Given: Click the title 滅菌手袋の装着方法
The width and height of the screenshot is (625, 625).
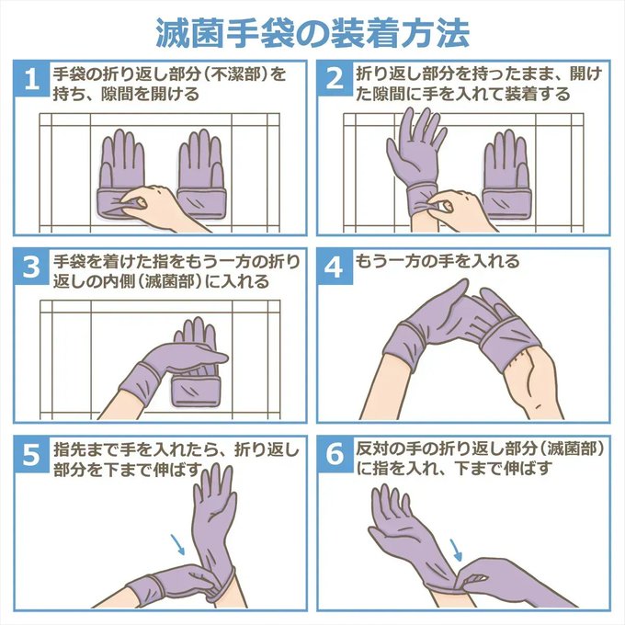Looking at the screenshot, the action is tap(312, 33).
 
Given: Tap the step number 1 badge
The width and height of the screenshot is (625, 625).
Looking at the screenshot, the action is tap(32, 78).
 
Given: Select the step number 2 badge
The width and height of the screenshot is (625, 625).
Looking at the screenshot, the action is tap(335, 78).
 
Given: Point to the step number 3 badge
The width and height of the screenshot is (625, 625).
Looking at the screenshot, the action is tap(32, 267).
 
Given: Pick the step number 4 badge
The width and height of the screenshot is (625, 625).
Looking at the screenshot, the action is tap(335, 267).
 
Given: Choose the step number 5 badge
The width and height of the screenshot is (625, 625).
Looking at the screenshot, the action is tap(32, 454).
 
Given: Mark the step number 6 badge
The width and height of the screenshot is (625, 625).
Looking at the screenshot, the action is tap(335, 454).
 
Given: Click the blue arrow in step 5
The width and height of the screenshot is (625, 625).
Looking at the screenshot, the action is tap(177, 544).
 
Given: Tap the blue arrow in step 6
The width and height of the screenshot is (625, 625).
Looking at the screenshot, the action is tap(456, 550).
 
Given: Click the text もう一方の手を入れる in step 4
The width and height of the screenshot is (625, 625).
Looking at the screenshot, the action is tap(437, 261).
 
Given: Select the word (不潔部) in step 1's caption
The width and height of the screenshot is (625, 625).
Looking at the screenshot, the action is tap(241, 74).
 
